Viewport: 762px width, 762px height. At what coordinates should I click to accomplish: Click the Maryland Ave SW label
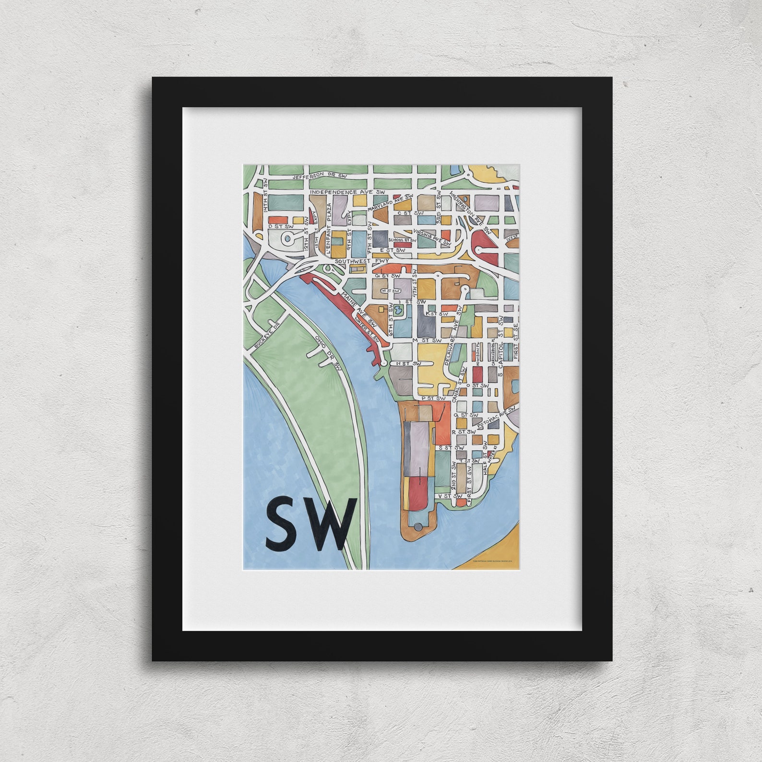point(390,204)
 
